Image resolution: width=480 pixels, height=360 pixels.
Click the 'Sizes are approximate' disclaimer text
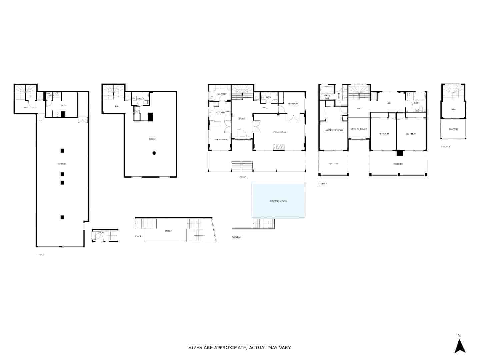coord(240,348)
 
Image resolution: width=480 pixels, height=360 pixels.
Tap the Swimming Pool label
coord(278,201)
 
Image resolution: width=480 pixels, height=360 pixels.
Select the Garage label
coord(62,164)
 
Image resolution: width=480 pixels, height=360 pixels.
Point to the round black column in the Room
coord(154,153)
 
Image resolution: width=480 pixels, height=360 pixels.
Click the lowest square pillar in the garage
coord(62,217)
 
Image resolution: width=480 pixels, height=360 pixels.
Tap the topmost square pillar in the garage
coord(62,151)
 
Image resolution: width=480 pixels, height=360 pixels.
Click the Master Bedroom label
coord(334,130)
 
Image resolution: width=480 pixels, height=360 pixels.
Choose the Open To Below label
coord(359,129)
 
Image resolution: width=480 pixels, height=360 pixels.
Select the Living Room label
coord(279,132)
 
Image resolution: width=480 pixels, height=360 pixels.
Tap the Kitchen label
coord(221,113)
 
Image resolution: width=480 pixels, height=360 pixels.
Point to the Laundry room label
coord(222,94)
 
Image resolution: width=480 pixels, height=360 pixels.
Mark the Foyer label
coord(242,119)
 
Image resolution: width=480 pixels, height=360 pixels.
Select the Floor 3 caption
coord(236,237)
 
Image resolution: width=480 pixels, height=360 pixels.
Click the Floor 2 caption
coord(139,236)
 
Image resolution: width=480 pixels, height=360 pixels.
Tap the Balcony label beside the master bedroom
coord(333,164)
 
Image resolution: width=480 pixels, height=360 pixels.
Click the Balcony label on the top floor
coord(453,129)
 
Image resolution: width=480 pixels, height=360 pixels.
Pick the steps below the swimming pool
coord(263,223)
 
